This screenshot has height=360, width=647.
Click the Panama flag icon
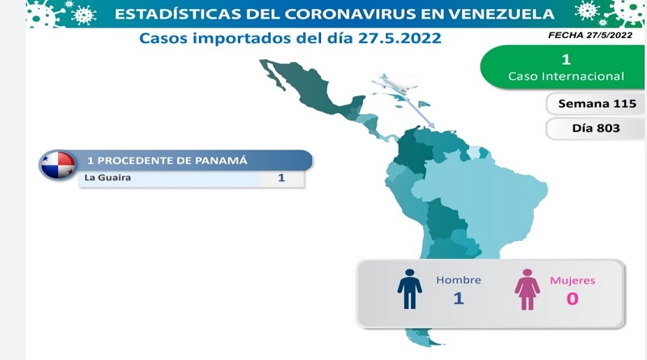click(58, 165)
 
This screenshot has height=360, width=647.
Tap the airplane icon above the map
click(394, 84)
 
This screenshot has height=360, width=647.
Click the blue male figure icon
click(409, 289)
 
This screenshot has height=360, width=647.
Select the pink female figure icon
click(527, 290)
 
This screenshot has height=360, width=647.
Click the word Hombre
click(459, 280)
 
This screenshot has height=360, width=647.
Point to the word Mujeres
click(573, 281)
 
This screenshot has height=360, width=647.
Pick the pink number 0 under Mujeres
click(573, 299)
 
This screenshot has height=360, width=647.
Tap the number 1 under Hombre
click(459, 298)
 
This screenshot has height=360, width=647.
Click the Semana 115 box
click(594, 104)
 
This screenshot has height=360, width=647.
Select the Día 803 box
click(594, 129)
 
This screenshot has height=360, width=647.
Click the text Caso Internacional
click(565, 76)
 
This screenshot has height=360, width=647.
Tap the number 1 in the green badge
click(566, 59)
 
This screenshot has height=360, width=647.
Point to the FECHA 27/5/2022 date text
click(590, 36)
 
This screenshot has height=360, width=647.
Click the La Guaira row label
click(108, 177)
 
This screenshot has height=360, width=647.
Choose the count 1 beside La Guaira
click(281, 178)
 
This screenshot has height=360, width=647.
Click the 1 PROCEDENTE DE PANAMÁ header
click(167, 160)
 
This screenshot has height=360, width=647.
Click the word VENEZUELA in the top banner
click(501, 14)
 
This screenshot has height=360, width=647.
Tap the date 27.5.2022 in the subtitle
click(400, 38)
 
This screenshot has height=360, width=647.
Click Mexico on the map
click(307, 90)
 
